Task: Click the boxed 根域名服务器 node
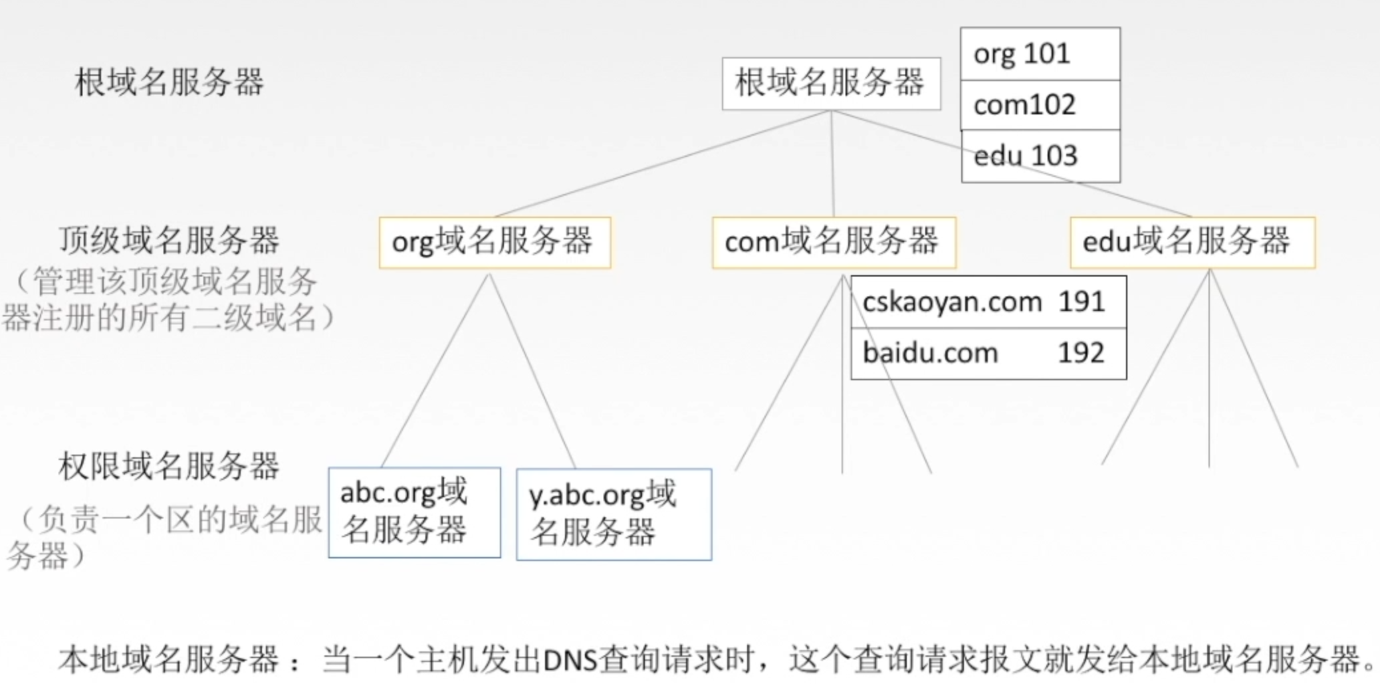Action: [831, 84]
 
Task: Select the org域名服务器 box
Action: [495, 242]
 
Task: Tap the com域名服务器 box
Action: [834, 242]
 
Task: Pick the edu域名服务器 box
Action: [1192, 242]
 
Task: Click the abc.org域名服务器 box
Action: [414, 512]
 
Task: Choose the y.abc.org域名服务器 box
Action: [614, 514]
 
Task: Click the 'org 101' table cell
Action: [1040, 54]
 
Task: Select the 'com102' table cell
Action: [1040, 105]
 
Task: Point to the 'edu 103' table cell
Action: [1040, 156]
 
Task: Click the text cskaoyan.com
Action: [951, 302]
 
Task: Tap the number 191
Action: [1081, 302]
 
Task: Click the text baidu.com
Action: [930, 353]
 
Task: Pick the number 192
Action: [1081, 353]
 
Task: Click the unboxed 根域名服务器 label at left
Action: [169, 82]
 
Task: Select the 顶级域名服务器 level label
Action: [169, 241]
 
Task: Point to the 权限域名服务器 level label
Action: [169, 466]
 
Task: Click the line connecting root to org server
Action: [665, 164]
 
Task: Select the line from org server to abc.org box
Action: [435, 370]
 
